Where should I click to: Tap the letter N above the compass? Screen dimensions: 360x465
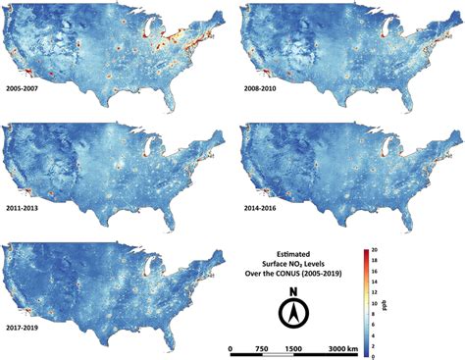292,291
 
